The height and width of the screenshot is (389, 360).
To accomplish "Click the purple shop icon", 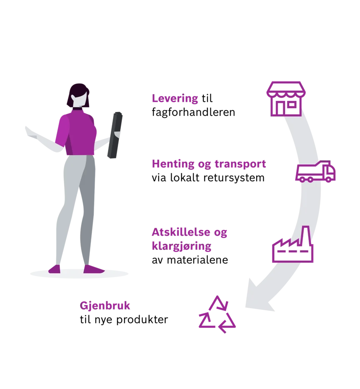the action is (x=286, y=99).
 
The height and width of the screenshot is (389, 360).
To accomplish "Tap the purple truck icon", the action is (x=315, y=171).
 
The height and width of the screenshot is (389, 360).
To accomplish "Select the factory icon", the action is (x=292, y=244).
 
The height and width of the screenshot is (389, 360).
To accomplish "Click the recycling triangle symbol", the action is (x=217, y=314).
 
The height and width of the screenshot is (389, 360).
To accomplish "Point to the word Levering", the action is (x=175, y=98).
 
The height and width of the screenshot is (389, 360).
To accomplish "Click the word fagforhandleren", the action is (x=193, y=112).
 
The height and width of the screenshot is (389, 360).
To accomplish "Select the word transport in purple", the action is (x=240, y=164).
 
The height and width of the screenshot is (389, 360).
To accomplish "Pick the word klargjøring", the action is (x=182, y=246).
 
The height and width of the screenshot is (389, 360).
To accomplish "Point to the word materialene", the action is (x=197, y=260).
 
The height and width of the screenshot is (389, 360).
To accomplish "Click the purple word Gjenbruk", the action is (x=105, y=306).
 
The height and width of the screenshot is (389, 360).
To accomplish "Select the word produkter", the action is (x=142, y=319).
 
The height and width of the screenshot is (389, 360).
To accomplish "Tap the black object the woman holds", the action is (x=115, y=135).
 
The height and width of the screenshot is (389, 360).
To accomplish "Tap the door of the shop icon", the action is (x=280, y=108).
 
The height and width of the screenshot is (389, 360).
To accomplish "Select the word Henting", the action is (x=173, y=164).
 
